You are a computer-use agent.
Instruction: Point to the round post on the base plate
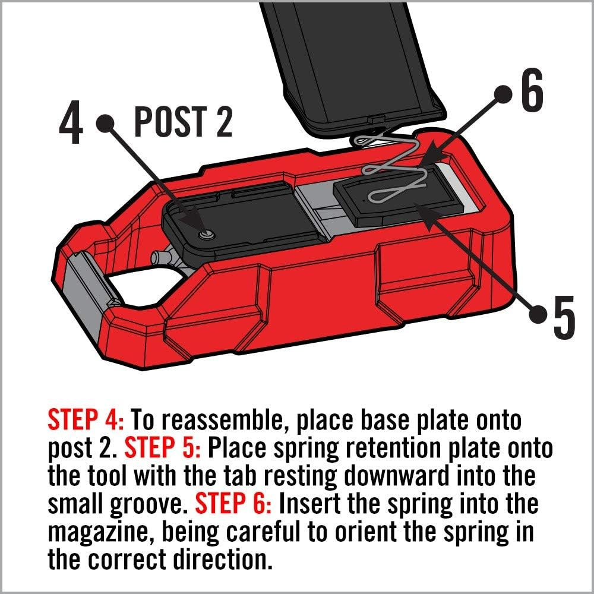206,235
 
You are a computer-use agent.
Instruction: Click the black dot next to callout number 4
108,122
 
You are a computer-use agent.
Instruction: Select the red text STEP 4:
86,421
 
